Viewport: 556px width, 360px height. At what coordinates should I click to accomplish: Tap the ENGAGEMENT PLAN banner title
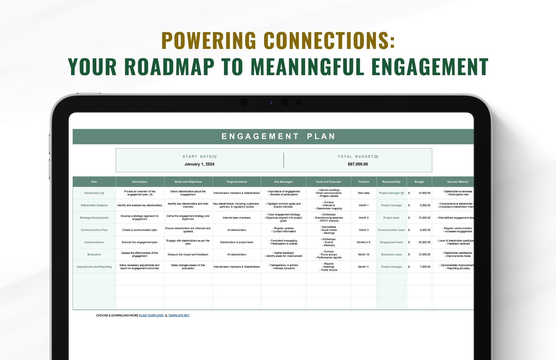click(x=278, y=136)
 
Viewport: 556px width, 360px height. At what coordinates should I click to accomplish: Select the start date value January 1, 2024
click(x=199, y=164)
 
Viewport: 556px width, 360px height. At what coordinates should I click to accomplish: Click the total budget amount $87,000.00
click(x=358, y=164)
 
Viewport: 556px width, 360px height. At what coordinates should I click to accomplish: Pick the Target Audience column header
click(x=237, y=182)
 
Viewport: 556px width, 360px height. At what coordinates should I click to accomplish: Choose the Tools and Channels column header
click(x=328, y=182)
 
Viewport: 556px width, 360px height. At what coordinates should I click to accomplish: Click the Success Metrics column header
click(x=457, y=182)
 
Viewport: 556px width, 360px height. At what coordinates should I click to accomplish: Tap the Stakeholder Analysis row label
click(x=94, y=205)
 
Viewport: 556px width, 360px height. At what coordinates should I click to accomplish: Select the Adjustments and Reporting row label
click(x=94, y=267)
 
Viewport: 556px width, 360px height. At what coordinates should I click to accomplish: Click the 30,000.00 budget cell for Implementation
click(x=424, y=242)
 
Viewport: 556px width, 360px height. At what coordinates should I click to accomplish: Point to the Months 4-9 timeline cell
click(x=363, y=242)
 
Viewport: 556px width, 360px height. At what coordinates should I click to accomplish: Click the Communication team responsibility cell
click(x=391, y=230)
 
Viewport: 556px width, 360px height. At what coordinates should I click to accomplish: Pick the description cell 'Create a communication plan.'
click(x=140, y=230)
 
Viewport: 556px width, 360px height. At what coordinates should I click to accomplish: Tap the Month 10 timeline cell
click(x=363, y=255)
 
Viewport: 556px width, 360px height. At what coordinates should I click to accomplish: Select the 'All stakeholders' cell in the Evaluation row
click(x=237, y=255)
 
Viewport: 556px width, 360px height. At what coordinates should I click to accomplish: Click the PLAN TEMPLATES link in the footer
click(x=151, y=315)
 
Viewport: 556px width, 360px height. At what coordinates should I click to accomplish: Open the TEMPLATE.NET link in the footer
click(x=178, y=315)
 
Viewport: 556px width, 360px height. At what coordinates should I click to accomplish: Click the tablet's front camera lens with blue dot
click(x=271, y=103)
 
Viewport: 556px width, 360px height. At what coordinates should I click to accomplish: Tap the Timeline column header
click(x=363, y=182)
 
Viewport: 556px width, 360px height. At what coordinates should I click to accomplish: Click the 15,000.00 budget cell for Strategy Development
click(x=424, y=218)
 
